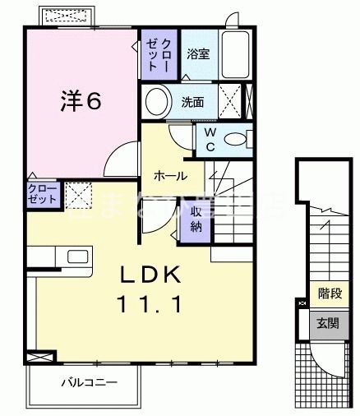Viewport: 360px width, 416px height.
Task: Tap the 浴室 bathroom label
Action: tap(198, 56)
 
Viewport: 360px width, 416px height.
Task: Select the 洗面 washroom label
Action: tap(193, 103)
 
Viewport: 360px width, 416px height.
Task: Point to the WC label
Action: tap(210, 139)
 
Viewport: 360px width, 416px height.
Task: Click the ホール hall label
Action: tap(170, 175)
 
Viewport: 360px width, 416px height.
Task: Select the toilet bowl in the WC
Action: tap(238, 138)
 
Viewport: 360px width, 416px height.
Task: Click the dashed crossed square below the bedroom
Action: tap(78, 196)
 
